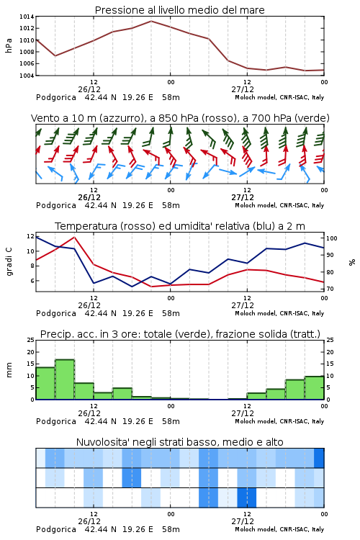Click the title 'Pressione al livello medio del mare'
coord(179,10)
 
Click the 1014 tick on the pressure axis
coord(27,17)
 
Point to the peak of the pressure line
coord(151,21)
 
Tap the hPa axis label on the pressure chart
coord(9,45)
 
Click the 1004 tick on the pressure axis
coord(27,76)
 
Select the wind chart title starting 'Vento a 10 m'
coord(180,118)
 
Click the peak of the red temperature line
coord(74,237)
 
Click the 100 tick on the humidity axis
coord(332,238)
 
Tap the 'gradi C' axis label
coord(9,262)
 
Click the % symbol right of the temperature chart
coord(352,262)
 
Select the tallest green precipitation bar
coord(65,379)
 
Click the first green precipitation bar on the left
coord(45,383)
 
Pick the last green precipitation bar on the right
coord(314,388)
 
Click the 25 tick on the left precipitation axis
coord(31,340)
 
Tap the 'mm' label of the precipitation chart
coord(9,370)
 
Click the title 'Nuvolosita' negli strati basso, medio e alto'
coord(179,442)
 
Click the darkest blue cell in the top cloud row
coord(319,458)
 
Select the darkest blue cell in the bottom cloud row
coord(247,498)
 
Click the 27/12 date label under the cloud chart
coord(243,521)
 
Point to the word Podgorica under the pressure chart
coord(56,97)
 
